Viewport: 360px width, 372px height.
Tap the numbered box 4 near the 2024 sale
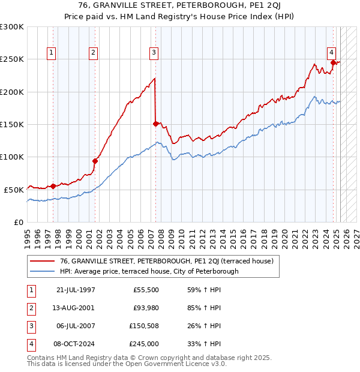[331, 52]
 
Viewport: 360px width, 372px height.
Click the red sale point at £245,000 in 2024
[332, 62]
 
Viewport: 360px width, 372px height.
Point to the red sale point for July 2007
[155, 124]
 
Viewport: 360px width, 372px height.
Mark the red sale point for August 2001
[95, 160]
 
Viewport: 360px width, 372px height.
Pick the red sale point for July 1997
[53, 185]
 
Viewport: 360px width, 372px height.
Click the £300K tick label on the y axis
[12, 27]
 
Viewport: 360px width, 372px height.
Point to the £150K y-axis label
[12, 124]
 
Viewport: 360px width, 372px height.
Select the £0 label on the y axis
[18, 222]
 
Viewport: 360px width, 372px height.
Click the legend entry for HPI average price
[149, 271]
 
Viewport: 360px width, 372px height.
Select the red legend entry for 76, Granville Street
[166, 261]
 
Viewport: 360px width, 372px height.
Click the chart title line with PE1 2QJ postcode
[180, 5]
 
